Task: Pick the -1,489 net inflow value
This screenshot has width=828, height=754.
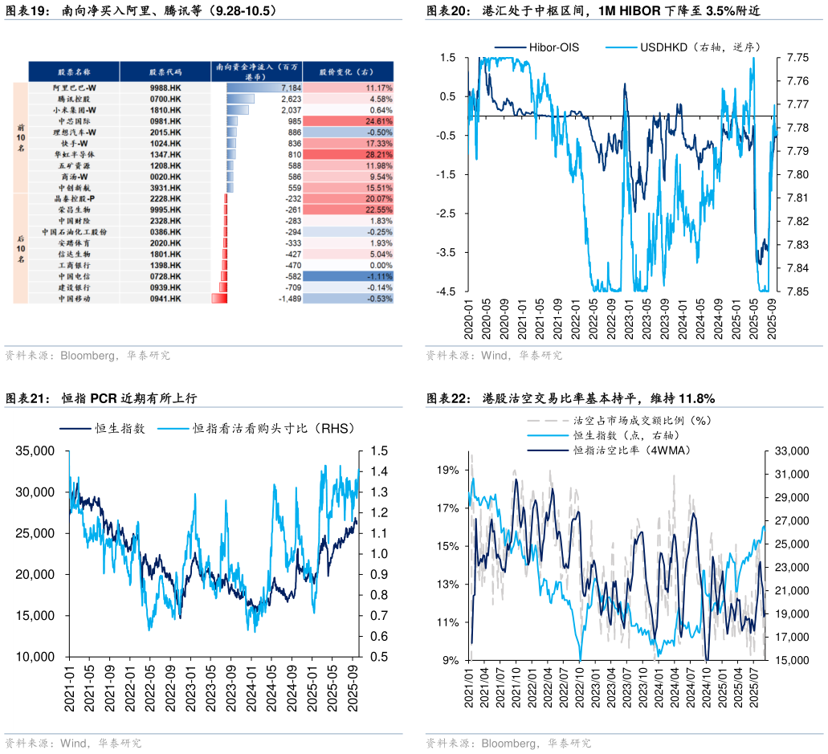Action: [288, 299]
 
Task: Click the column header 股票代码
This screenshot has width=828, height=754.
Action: [165, 71]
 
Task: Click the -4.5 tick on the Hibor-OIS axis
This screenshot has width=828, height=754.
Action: [447, 291]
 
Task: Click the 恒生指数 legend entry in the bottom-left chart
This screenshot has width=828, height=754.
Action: [119, 429]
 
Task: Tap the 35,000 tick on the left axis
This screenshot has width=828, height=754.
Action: [35, 451]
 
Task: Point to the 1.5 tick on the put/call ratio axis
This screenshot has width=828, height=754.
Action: [379, 451]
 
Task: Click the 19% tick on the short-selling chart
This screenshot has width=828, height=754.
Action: [447, 469]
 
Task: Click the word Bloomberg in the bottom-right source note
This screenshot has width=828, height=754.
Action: [509, 743]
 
